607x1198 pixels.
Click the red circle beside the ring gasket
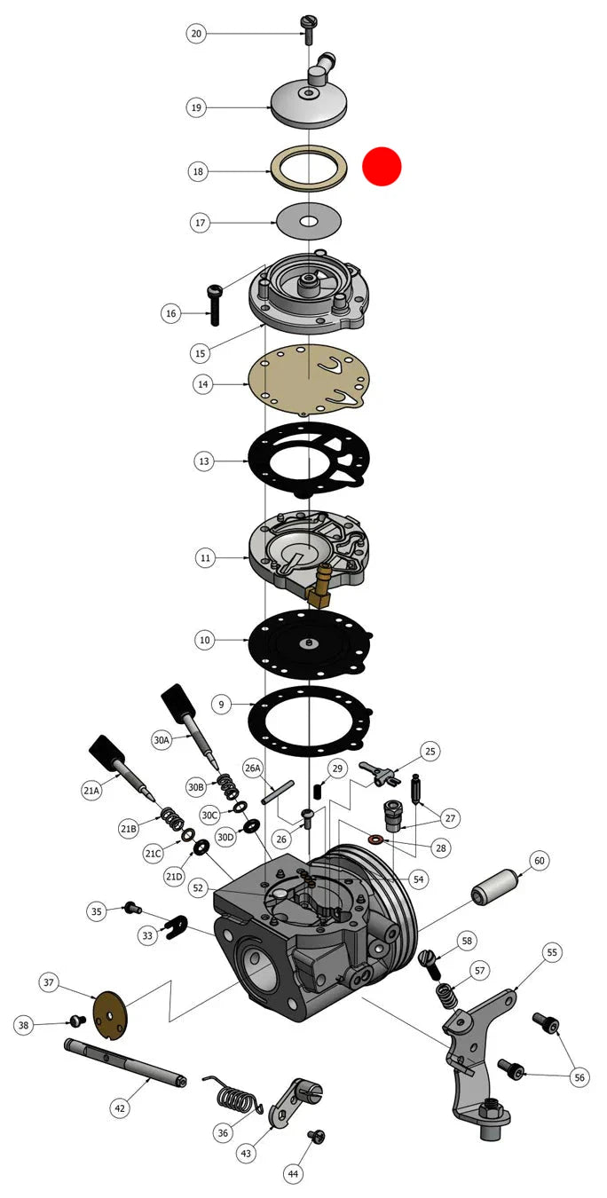coord(382,166)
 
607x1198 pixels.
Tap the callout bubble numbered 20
coord(196,34)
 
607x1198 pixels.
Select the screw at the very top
coord(309,29)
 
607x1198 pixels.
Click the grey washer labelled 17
coord(309,221)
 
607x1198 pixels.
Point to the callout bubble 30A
coord(162,740)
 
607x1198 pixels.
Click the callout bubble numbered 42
coord(120,1108)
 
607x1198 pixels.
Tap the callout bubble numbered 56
coord(579,1077)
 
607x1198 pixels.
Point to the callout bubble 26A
coord(252,768)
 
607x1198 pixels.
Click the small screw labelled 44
coord(317,1136)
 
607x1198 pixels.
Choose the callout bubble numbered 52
coord(198,887)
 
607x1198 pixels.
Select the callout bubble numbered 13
coord(204,461)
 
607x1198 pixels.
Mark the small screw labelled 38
coord(78,1021)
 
